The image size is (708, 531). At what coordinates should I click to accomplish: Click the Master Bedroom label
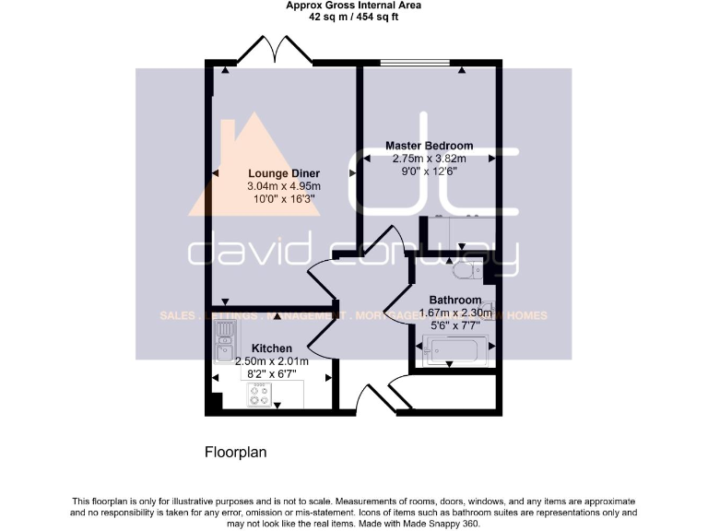(x=429, y=146)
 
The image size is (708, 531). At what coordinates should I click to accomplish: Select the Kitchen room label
(x=272, y=348)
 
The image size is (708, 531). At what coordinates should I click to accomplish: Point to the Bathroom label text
(x=454, y=301)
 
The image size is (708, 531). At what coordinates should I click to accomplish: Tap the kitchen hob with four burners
(x=260, y=395)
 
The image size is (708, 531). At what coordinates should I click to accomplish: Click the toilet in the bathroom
(x=466, y=270)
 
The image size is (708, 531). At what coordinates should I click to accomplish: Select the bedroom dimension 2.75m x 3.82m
(x=429, y=158)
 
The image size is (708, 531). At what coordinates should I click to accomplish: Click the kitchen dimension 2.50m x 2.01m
(x=272, y=361)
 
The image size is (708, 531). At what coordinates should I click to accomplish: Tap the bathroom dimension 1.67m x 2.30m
(x=454, y=313)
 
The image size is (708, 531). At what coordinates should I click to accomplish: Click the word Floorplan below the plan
(x=235, y=453)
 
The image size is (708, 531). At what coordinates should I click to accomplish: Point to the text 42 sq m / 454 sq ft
(x=353, y=17)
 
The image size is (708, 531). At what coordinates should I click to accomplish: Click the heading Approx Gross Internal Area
(x=353, y=6)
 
